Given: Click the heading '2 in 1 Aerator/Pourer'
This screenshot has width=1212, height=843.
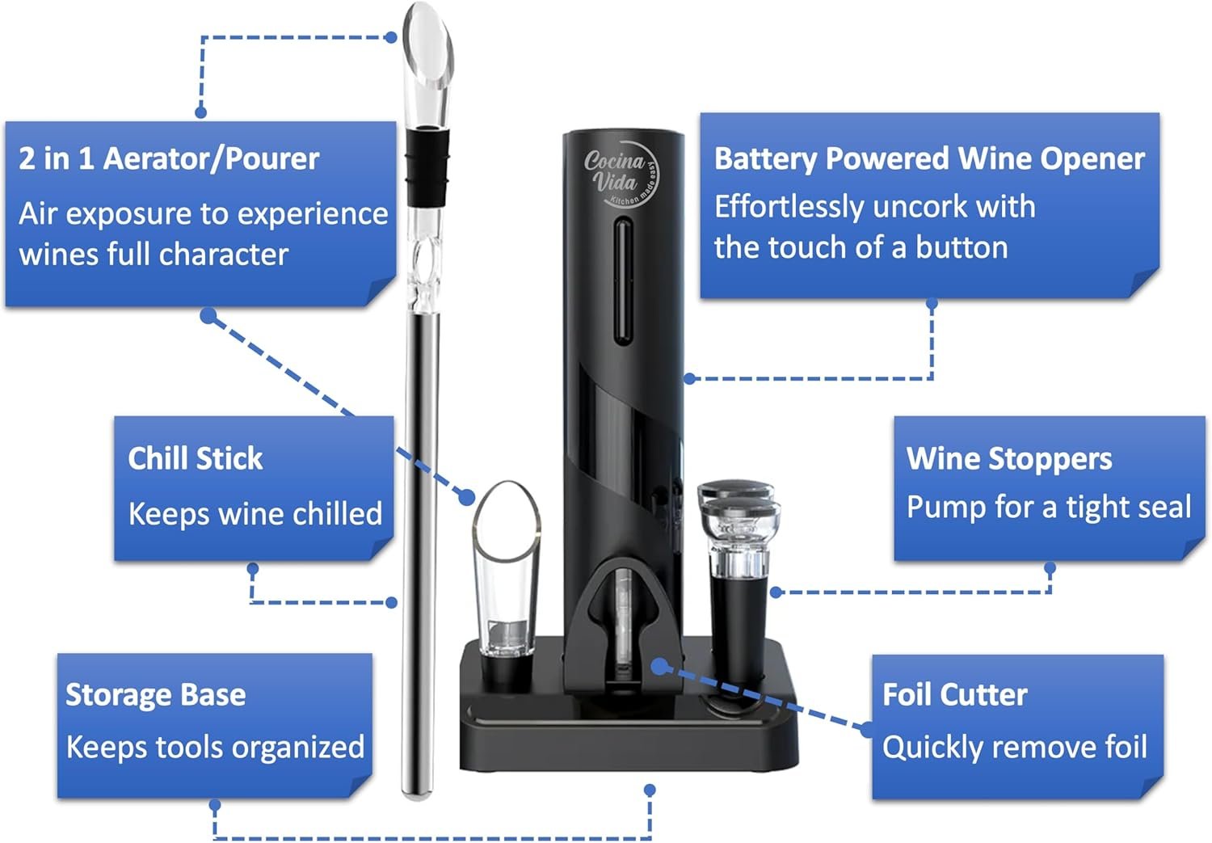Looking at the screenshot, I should pyautogui.click(x=169, y=158).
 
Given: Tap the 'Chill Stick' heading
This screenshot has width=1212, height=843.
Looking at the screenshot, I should pyautogui.click(x=196, y=458).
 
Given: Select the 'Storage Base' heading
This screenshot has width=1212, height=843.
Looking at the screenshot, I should pyautogui.click(x=155, y=695).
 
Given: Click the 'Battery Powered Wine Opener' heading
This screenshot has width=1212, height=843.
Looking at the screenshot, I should pyautogui.click(x=929, y=158).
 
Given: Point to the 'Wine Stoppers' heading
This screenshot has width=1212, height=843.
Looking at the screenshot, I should pyautogui.click(x=1008, y=459).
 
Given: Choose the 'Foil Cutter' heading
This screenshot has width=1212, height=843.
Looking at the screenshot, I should pyautogui.click(x=954, y=694).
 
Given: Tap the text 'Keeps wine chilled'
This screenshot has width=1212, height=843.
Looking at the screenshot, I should pyautogui.click(x=255, y=513).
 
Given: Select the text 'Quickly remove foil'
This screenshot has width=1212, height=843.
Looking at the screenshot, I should pyautogui.click(x=1014, y=747).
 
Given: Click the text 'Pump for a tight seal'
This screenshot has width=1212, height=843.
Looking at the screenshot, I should pyautogui.click(x=1048, y=508).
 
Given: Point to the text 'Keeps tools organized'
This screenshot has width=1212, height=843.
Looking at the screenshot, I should pyautogui.click(x=215, y=747).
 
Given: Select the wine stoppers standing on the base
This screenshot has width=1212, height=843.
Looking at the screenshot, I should pyautogui.click(x=738, y=566).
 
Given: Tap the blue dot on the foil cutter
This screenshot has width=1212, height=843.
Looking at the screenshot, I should pyautogui.click(x=660, y=666).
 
